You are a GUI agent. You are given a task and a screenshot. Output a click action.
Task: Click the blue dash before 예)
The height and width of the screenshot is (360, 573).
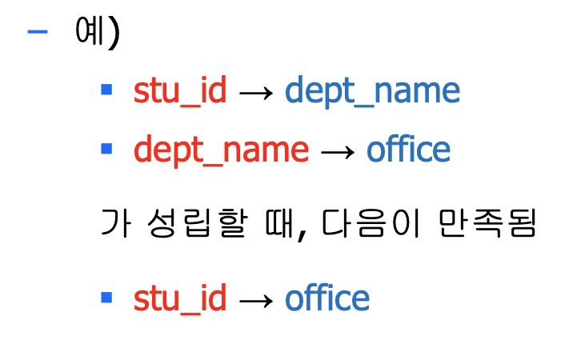click(x=38, y=32)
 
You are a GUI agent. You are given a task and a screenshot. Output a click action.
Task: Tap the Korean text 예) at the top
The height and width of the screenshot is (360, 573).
click(x=96, y=33)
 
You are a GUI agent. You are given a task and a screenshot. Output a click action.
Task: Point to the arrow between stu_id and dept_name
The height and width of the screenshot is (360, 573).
click(x=256, y=94)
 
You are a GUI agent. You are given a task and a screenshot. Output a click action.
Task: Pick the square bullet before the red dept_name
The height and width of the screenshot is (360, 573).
click(x=106, y=148)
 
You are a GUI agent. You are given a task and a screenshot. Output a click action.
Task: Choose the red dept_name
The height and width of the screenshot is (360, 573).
click(x=222, y=150)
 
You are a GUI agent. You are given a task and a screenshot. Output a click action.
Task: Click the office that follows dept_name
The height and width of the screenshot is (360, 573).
click(x=409, y=150)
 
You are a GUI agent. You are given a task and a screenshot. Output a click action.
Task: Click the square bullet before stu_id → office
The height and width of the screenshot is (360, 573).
click(x=106, y=298)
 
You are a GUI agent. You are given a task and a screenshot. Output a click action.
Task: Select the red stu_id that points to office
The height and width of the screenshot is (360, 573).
click(x=181, y=299)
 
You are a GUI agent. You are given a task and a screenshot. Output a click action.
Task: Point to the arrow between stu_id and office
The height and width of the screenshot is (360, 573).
click(x=256, y=301)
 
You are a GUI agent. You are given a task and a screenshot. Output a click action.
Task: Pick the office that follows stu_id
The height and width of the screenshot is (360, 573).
click(x=327, y=298)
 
